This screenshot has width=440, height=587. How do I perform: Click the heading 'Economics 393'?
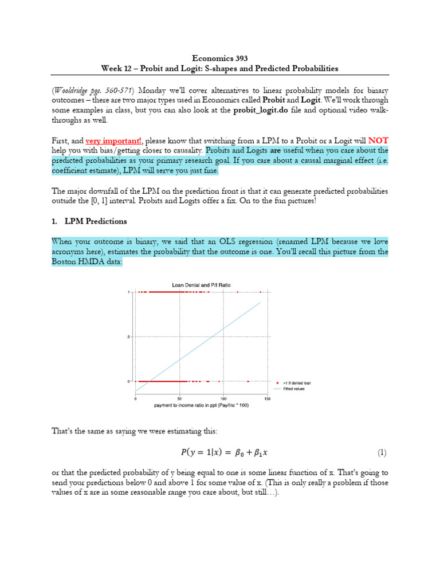(x=220, y=57)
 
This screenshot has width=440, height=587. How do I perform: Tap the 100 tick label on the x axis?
(x=223, y=398)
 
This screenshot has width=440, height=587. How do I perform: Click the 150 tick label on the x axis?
(x=267, y=398)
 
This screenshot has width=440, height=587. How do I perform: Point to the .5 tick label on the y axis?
(x=130, y=336)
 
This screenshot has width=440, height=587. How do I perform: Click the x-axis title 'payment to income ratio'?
(x=201, y=405)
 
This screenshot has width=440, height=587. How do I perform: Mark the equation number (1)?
(x=382, y=452)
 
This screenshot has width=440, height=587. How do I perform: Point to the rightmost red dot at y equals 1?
(x=261, y=292)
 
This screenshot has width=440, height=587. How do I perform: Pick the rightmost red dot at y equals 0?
(x=248, y=381)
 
